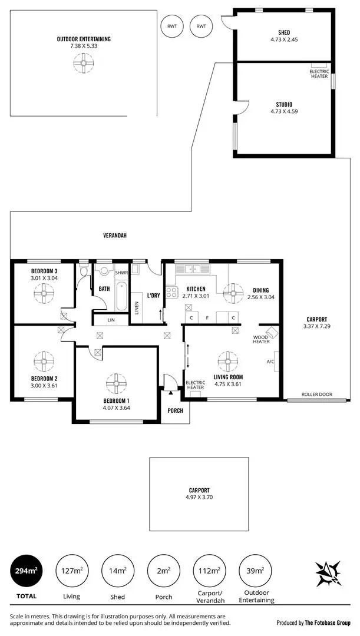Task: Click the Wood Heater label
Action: [x=261, y=339]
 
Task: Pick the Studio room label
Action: [x=285, y=104]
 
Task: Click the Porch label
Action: [x=175, y=410]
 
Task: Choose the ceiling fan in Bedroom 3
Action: [x=44, y=293]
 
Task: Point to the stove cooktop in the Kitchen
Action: [x=172, y=291]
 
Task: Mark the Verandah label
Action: [x=115, y=236]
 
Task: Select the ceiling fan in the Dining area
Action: [x=233, y=291]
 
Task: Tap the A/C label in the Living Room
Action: [x=270, y=362]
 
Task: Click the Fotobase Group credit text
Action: [x=314, y=622]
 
